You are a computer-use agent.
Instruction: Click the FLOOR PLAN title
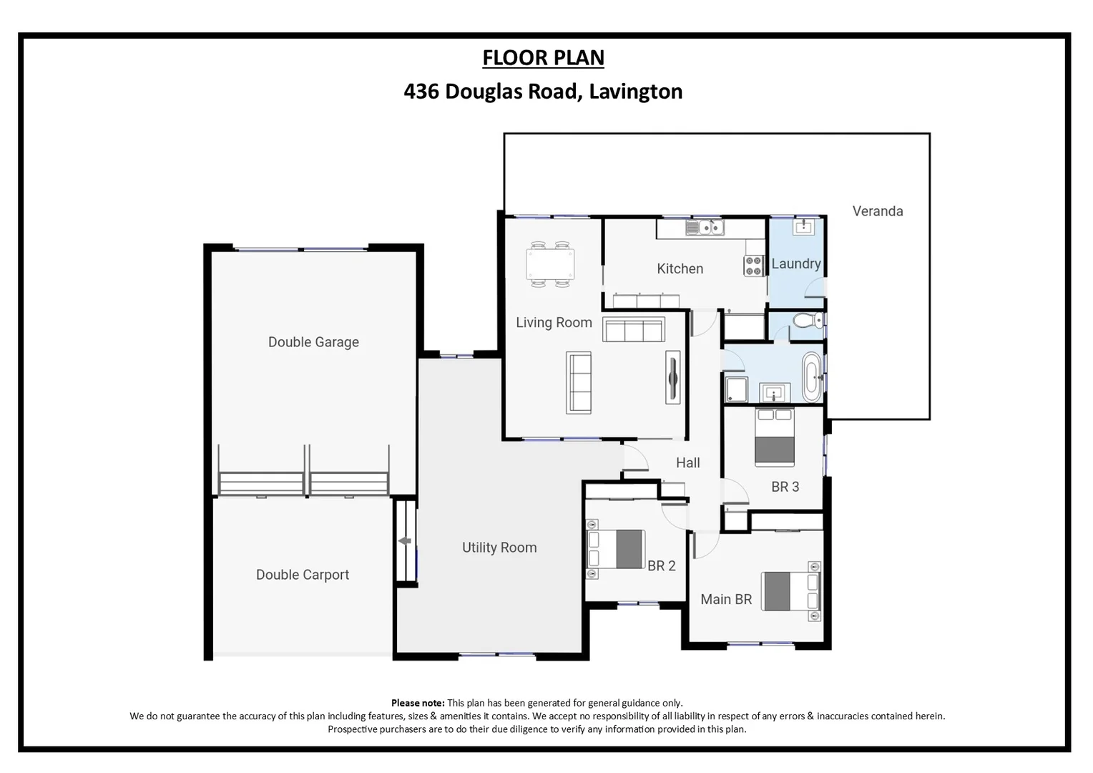[x=543, y=57]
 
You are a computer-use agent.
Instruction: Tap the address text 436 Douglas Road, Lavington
[x=543, y=92]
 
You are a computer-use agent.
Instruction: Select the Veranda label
[x=877, y=211]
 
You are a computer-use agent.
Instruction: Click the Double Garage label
[x=313, y=342]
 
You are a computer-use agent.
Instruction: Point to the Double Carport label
[x=303, y=575]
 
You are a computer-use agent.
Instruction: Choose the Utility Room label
[x=499, y=548]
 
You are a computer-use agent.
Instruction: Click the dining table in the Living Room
[x=550, y=264]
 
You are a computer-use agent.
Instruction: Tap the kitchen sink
[x=705, y=228]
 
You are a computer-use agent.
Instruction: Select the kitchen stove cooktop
[x=754, y=266]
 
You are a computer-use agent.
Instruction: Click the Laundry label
[x=795, y=263]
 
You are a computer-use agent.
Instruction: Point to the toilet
[x=808, y=320]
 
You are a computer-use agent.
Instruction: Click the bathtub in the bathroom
[x=812, y=376]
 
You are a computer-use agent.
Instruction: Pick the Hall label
[x=687, y=463]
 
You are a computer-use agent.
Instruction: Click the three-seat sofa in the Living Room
[x=633, y=331]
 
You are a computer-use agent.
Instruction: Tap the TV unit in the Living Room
[x=672, y=377]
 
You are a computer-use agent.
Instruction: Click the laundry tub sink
[x=802, y=227]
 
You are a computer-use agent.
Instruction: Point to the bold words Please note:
[x=418, y=703]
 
